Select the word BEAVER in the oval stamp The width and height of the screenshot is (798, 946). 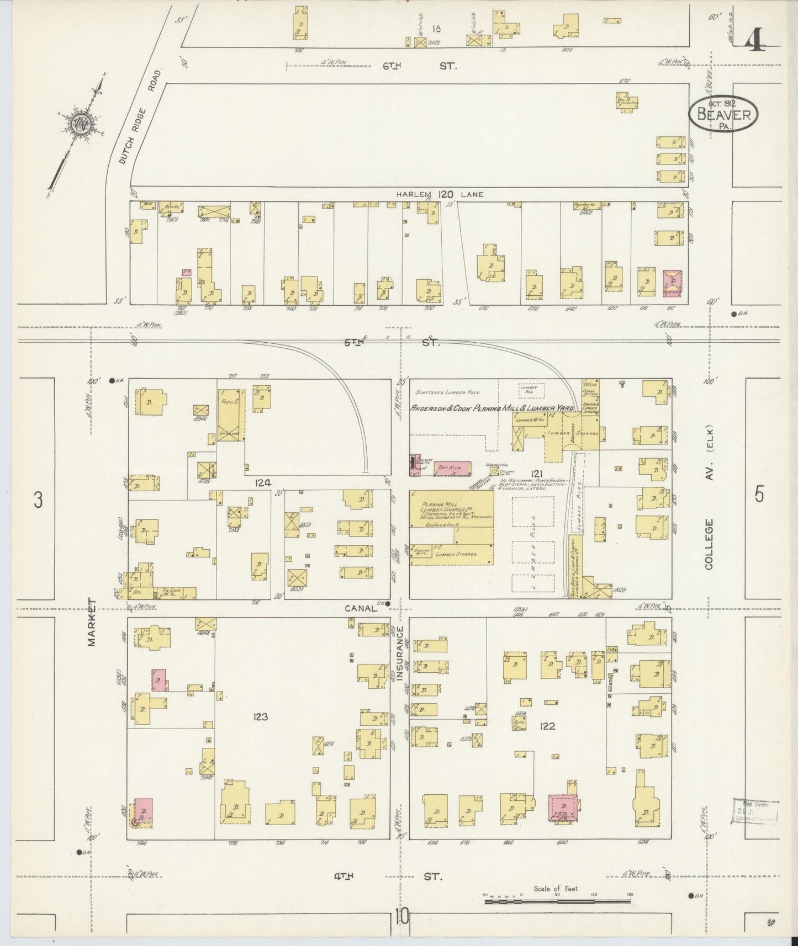[723, 115]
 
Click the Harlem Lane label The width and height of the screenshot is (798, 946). [439, 194]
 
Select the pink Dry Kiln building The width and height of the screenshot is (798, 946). [451, 468]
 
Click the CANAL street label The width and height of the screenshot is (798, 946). [360, 608]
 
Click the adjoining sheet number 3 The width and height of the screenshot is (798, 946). [38, 499]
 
